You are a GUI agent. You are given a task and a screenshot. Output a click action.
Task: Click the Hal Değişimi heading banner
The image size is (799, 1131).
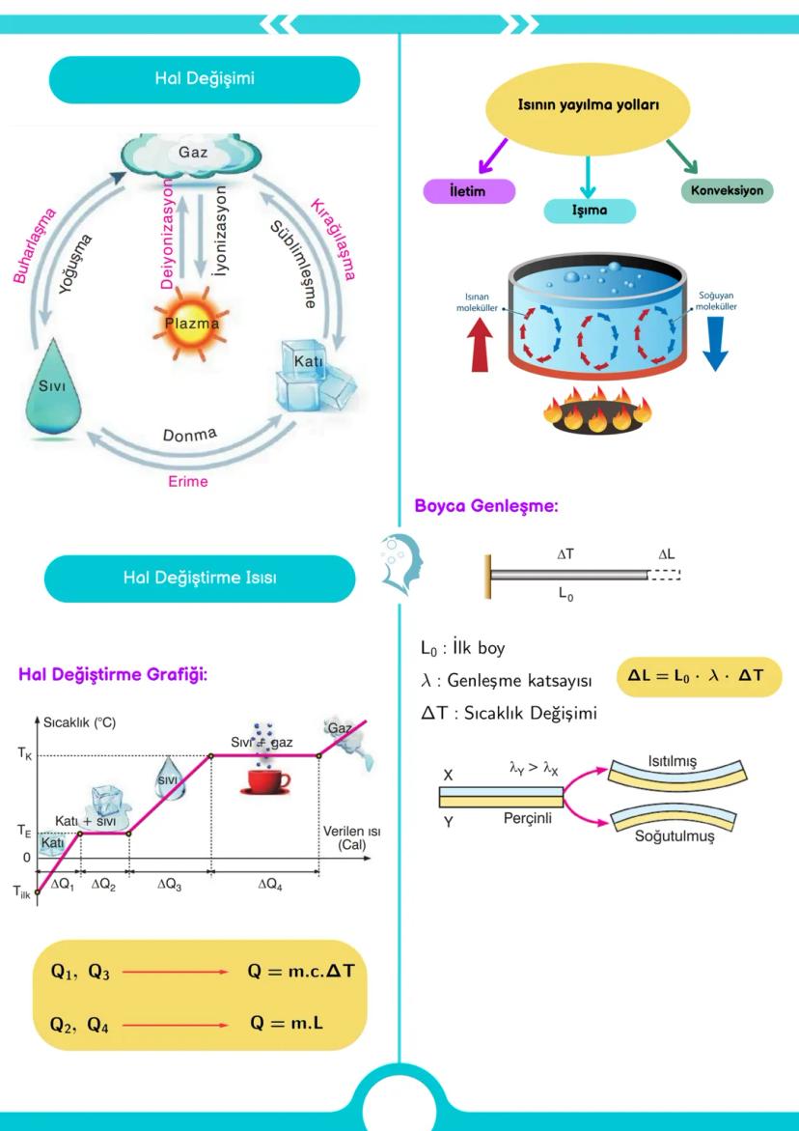click(204, 79)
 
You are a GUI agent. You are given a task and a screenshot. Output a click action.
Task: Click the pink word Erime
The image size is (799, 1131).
click(187, 480)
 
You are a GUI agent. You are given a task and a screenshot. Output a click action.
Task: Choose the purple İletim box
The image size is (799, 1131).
click(468, 190)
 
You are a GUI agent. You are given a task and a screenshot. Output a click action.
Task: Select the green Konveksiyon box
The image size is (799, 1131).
click(727, 190)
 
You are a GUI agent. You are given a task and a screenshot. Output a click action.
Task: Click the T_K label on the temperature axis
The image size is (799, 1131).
click(24, 757)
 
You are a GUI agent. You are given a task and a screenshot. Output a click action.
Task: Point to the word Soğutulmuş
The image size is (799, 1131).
click(672, 836)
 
